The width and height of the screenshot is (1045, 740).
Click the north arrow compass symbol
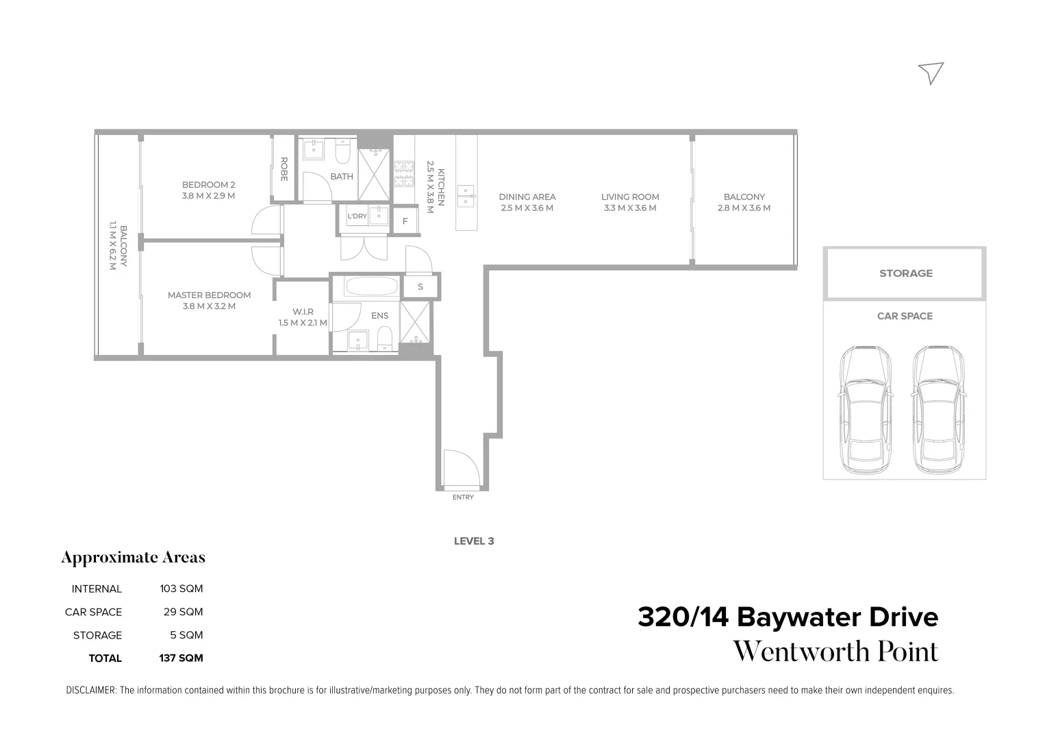[932, 72]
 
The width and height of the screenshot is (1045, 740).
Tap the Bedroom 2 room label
[208, 184]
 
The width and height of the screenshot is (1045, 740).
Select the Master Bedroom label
[209, 295]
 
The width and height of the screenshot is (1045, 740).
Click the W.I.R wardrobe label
[302, 312]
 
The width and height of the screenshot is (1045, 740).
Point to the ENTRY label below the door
[463, 497]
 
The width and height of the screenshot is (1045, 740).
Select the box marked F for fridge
[405, 221]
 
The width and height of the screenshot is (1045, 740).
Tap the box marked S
[420, 286]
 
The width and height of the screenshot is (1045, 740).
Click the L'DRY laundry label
[357, 217]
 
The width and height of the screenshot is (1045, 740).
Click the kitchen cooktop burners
[404, 173]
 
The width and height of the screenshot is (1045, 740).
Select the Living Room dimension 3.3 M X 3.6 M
[630, 208]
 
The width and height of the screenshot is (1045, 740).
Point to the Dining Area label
[527, 197]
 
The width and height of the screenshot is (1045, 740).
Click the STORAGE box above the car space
[905, 273]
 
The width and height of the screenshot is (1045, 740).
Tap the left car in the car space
[866, 408]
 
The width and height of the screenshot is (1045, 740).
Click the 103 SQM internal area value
[181, 589]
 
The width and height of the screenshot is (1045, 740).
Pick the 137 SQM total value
[181, 658]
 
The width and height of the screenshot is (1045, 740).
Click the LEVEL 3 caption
[474, 541]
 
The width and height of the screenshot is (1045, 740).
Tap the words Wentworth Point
[835, 652]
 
